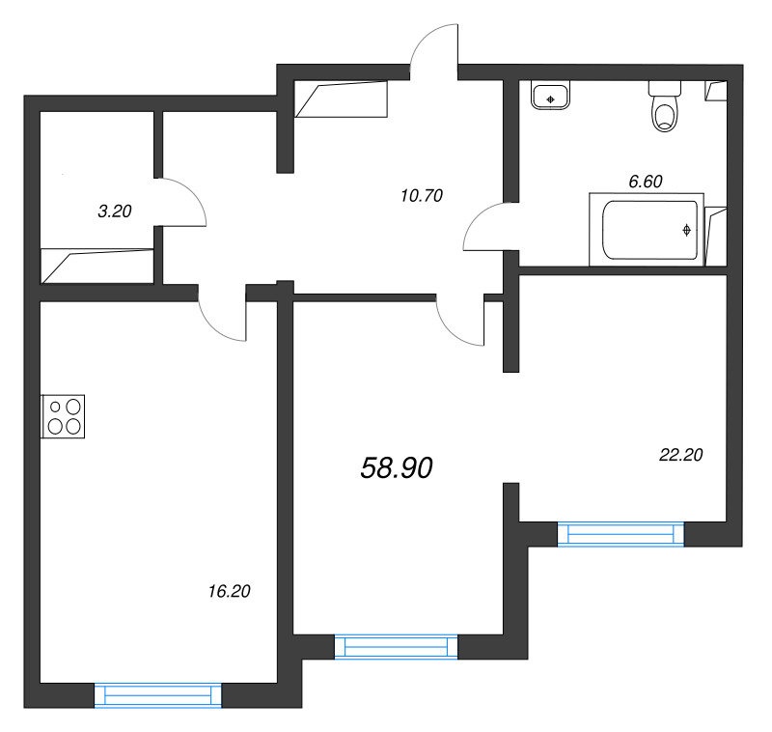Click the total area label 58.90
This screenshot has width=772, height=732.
pyautogui.click(x=397, y=468)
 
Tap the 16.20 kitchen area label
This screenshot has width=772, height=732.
pyautogui.click(x=229, y=592)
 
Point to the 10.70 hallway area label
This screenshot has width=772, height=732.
pyautogui.click(x=421, y=195)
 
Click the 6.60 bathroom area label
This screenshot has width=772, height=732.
pyautogui.click(x=646, y=180)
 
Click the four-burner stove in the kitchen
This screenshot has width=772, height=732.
pyautogui.click(x=64, y=416)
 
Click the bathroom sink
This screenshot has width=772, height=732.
pyautogui.click(x=550, y=96)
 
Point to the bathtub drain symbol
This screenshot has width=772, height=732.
pyautogui.click(x=686, y=230)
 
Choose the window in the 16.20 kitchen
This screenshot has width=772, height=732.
pyautogui.click(x=157, y=695)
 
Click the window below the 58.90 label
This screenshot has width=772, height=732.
pyautogui.click(x=396, y=646)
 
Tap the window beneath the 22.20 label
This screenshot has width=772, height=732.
pyautogui.click(x=620, y=534)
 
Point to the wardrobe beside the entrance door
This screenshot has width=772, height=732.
pyautogui.click(x=340, y=99)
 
